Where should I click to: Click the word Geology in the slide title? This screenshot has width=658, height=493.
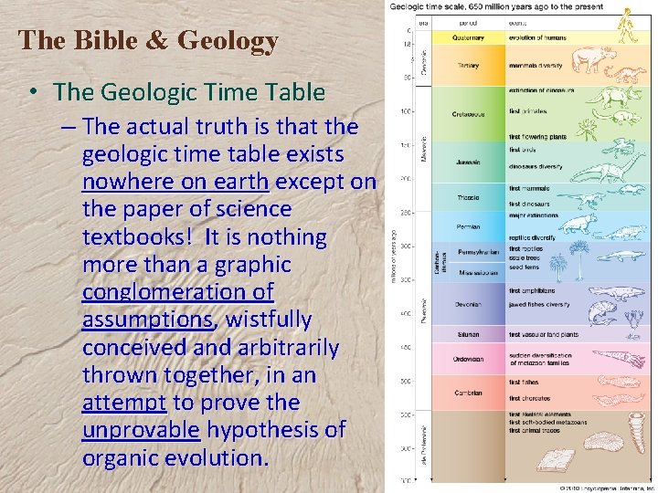pyautogui.click(x=229, y=41)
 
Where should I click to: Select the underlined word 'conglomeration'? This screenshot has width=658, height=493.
pyautogui.click(x=177, y=292)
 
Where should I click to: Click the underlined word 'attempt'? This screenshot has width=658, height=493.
pyautogui.click(x=118, y=402)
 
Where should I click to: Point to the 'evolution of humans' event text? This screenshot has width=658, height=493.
pyautogui.click(x=537, y=38)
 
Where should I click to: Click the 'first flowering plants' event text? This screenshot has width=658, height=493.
pyautogui.click(x=537, y=137)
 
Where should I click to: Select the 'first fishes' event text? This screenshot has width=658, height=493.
pyautogui.click(x=525, y=383)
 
